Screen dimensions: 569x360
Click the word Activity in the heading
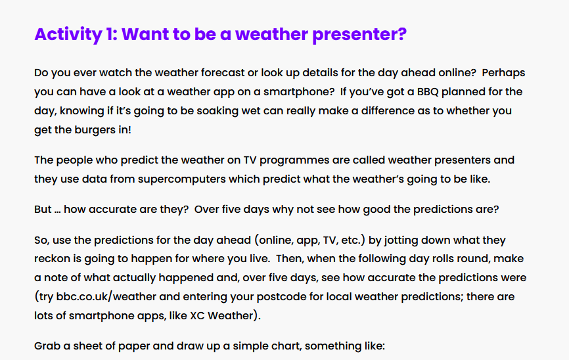coord(68,35)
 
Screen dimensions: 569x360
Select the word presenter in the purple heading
coord(359,35)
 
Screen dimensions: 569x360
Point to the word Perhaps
coord(503,73)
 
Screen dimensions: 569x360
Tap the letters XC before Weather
coord(197,316)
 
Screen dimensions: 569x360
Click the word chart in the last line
coord(289,346)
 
